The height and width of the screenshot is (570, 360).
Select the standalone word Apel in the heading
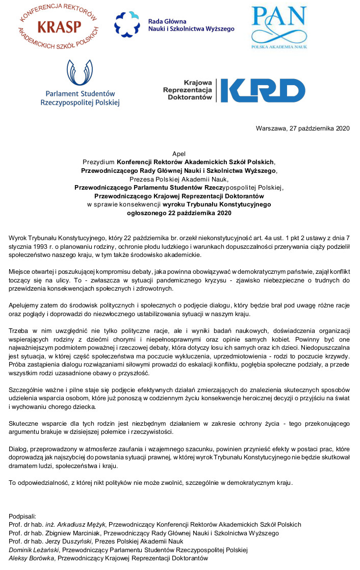click(x=179, y=153)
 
